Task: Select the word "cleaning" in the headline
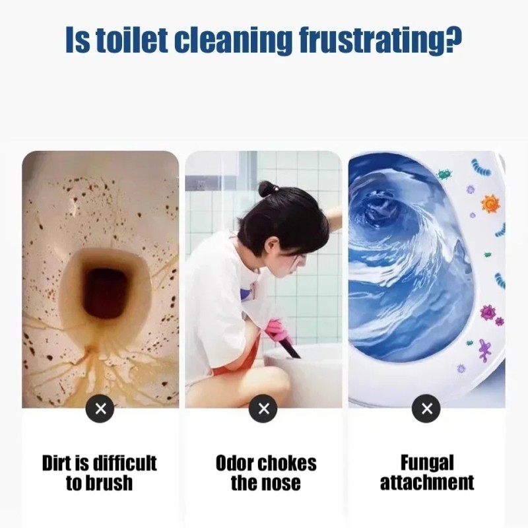point(234,42)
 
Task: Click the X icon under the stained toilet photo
point(100,409)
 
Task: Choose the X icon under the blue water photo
point(426,409)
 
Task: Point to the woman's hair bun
point(269,189)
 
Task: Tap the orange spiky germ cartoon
point(490,204)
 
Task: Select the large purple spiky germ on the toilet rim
point(488,312)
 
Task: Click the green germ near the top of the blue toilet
point(444,174)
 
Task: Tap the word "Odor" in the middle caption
point(234,463)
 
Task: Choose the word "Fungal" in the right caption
point(427,464)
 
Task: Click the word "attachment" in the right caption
point(427,482)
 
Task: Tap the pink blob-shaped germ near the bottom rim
point(484,350)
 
